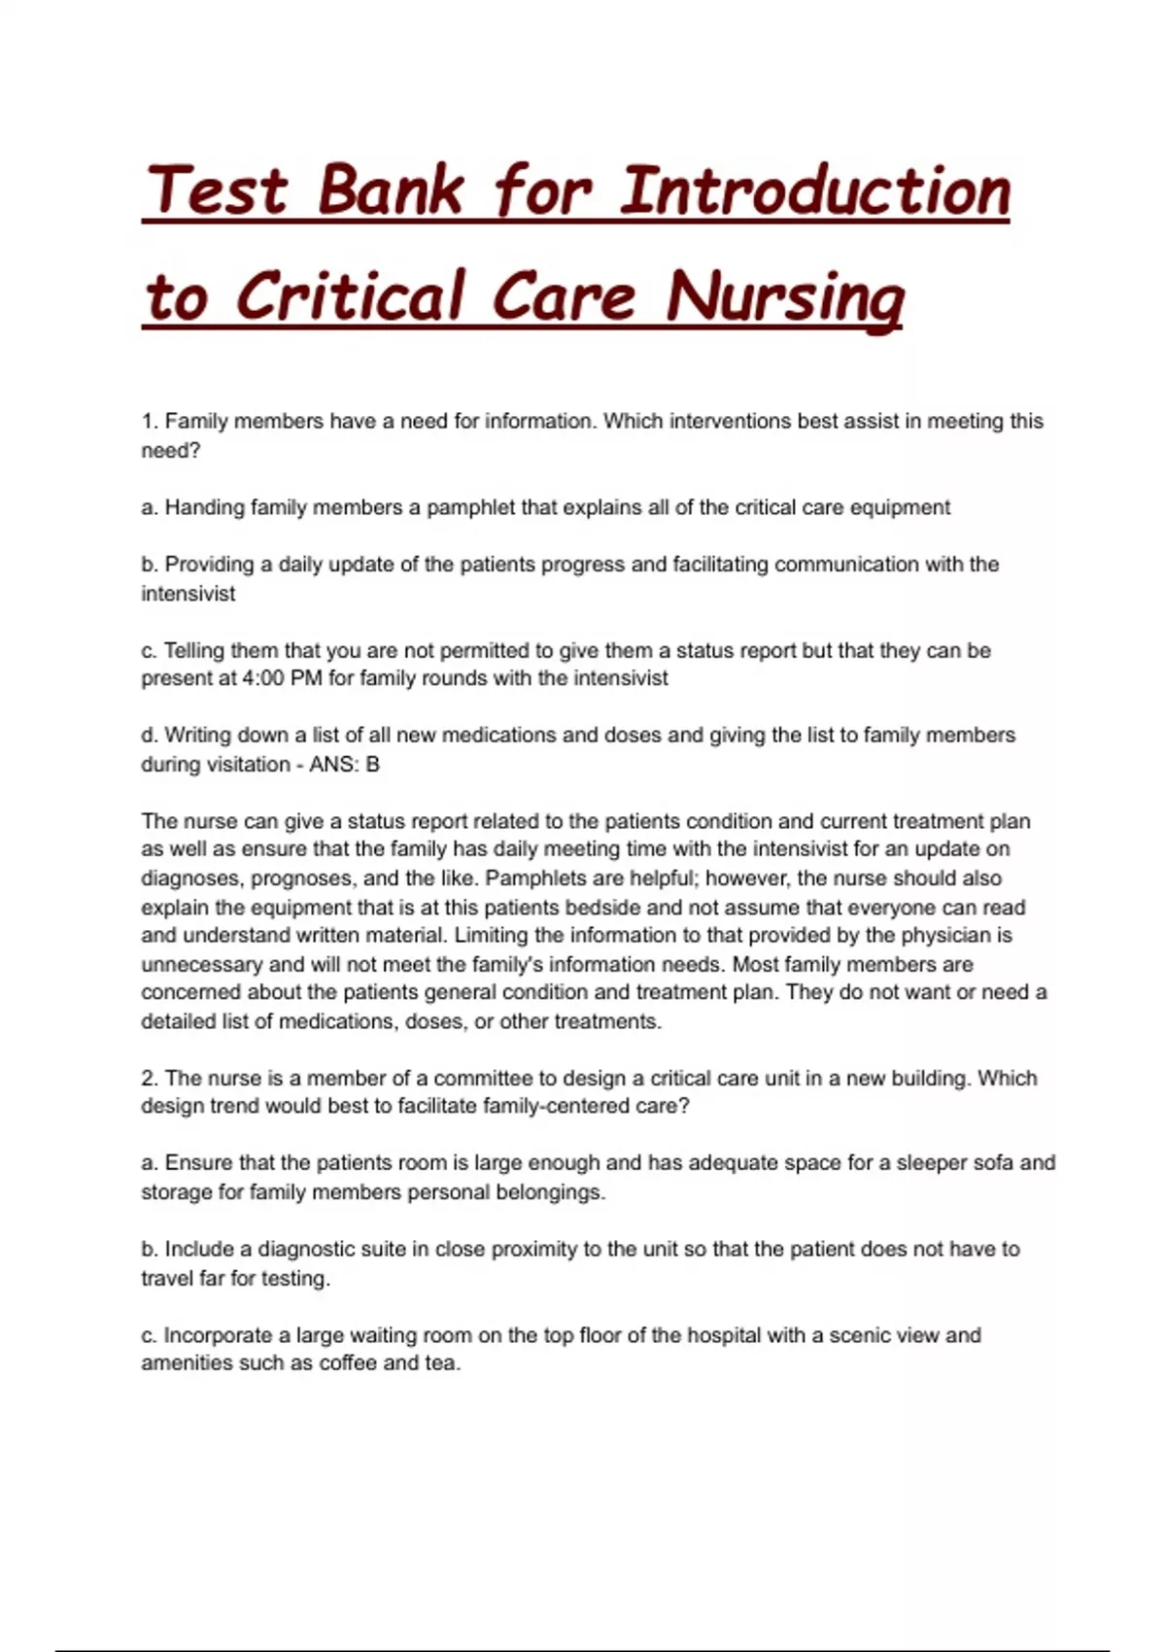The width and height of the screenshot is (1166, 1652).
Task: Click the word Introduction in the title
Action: [x=814, y=190]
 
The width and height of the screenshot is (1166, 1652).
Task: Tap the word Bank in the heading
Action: [x=390, y=190]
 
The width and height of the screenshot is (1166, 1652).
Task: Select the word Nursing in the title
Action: [x=785, y=297]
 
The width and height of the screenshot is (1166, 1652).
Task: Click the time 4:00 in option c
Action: [x=261, y=678]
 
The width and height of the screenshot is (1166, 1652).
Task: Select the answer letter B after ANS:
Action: [x=372, y=765]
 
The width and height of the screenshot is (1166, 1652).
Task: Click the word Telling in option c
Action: [x=193, y=650]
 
